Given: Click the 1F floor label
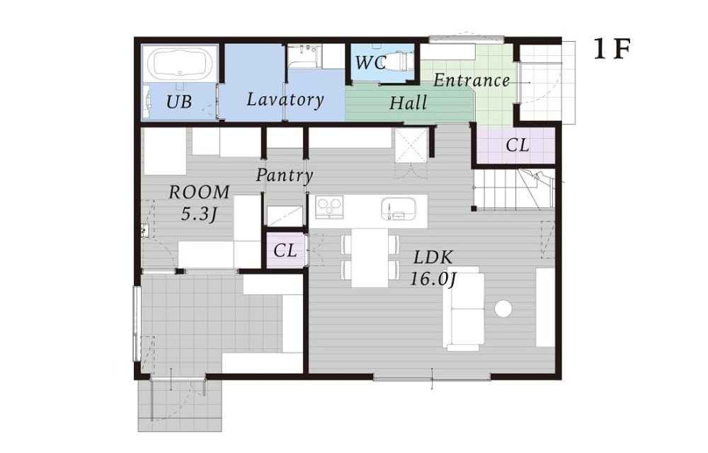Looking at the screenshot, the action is click(x=612, y=49).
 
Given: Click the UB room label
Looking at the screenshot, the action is click(x=179, y=102).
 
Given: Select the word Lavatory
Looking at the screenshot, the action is click(x=285, y=99).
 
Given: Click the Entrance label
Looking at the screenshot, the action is click(x=472, y=80).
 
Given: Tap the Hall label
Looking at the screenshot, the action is click(x=409, y=103).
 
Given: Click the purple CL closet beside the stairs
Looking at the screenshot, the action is click(x=517, y=145).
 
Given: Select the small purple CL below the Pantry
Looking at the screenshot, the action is click(x=285, y=251).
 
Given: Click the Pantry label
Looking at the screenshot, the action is click(x=285, y=175).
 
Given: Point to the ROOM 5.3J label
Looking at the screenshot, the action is click(x=199, y=202).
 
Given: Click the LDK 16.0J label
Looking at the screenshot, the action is click(x=433, y=268).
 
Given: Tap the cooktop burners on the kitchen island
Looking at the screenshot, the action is click(x=329, y=207).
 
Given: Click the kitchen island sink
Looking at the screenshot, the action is click(x=397, y=209).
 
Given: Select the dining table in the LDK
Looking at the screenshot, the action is click(x=370, y=258).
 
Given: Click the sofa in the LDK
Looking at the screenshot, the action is click(x=464, y=308).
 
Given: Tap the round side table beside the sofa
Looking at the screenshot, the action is click(x=503, y=309).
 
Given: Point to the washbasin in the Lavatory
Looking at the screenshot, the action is click(x=304, y=56).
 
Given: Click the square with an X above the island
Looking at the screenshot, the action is click(x=411, y=145).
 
